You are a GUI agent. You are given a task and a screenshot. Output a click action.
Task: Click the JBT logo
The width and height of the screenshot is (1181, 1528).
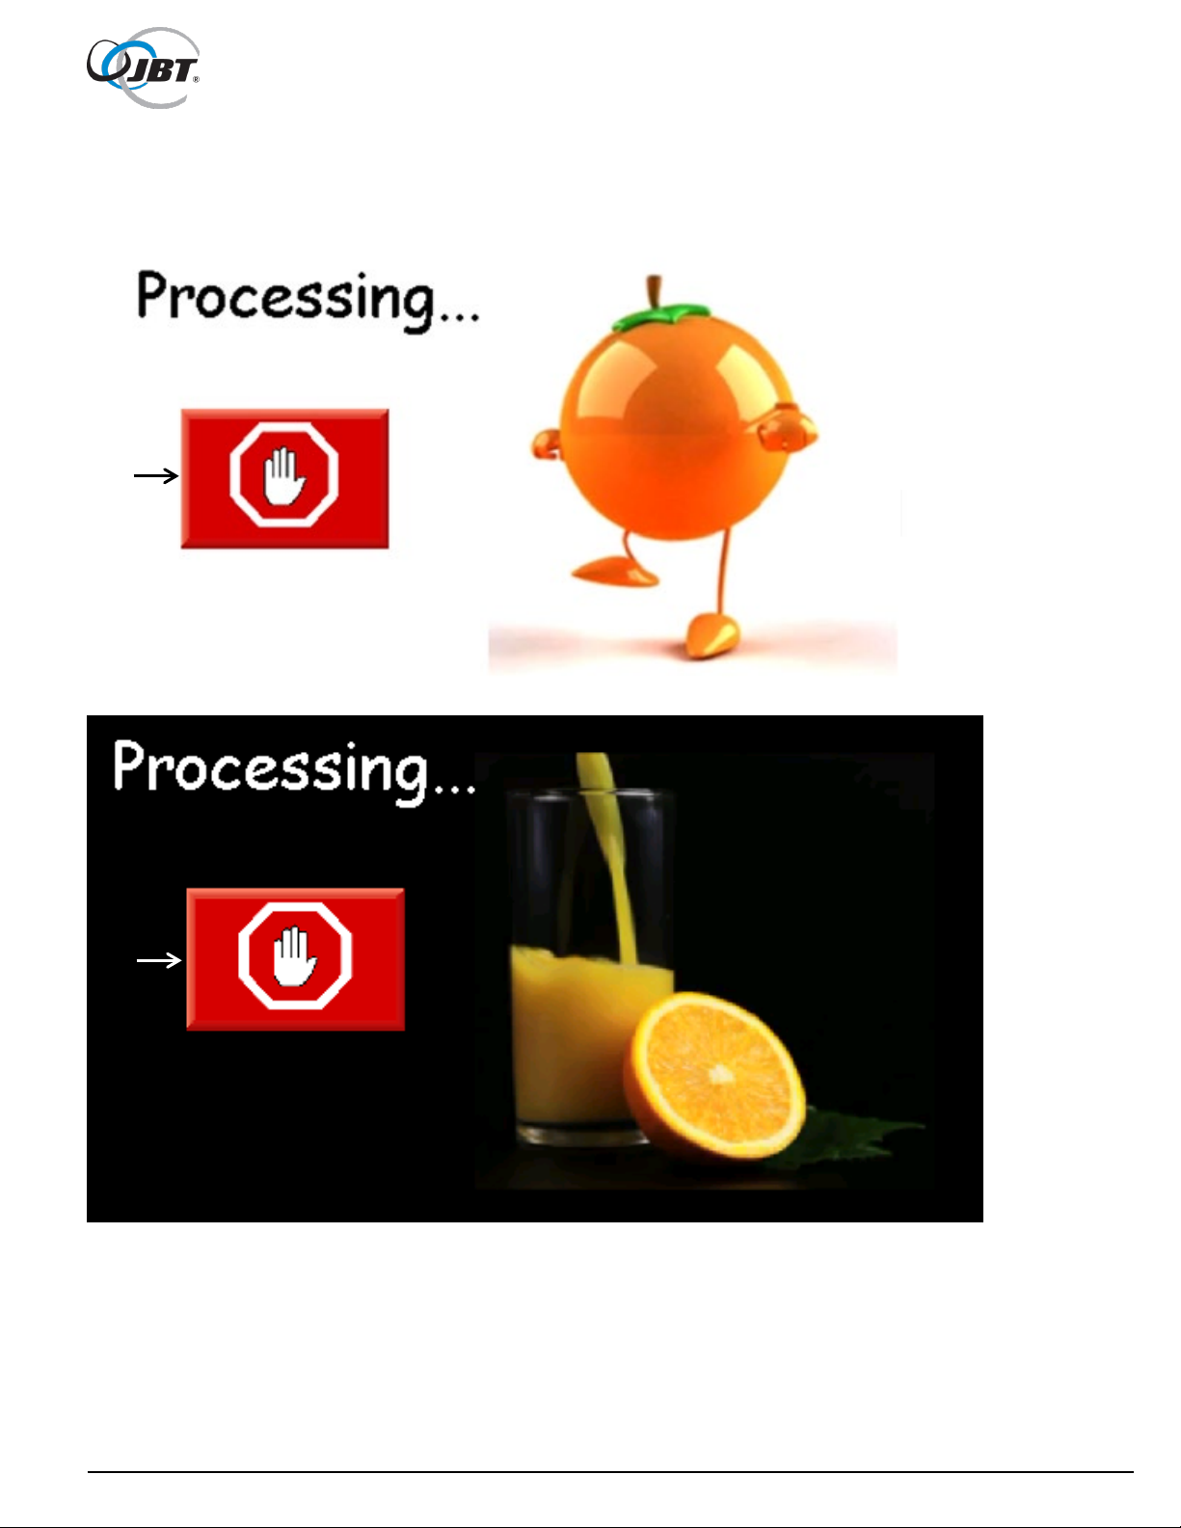click(x=143, y=67)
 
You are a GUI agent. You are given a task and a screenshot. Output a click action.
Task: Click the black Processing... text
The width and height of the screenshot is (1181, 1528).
click(x=308, y=300)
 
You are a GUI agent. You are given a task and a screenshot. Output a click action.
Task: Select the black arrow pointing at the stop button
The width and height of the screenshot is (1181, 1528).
click(x=156, y=476)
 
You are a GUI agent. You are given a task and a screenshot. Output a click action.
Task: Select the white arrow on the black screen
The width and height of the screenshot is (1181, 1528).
click(x=159, y=960)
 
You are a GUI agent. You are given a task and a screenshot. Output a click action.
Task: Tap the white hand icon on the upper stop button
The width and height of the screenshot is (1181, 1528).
click(x=284, y=477)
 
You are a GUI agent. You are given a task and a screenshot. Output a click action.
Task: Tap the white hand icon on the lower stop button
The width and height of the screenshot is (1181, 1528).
click(x=295, y=956)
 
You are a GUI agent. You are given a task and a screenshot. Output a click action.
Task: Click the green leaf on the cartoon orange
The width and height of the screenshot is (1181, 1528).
click(x=659, y=316)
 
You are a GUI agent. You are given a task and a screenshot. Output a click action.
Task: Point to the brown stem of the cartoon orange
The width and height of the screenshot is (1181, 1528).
click(x=655, y=291)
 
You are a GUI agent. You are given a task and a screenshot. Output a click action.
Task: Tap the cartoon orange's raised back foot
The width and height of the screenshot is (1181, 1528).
click(x=616, y=570)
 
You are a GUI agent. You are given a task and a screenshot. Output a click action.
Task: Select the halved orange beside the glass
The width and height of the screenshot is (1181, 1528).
click(x=714, y=1075)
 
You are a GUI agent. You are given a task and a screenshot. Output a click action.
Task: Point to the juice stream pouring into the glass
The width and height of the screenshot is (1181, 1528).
click(x=608, y=858)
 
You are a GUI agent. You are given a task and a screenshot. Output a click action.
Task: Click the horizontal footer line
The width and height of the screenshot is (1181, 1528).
click(x=610, y=1471)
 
